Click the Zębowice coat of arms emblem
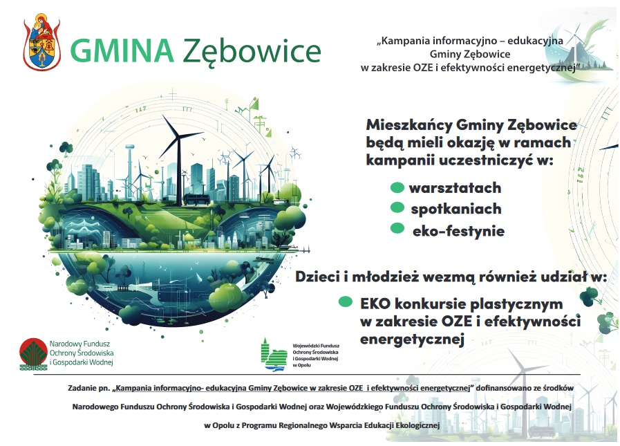click(x=42, y=42)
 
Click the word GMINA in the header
click(x=122, y=50)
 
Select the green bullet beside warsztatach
click(x=397, y=187)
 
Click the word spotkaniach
click(x=456, y=209)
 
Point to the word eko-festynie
click(x=458, y=230)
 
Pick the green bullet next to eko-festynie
click(x=397, y=228)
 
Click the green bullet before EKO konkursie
click(x=345, y=302)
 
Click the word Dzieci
click(x=317, y=276)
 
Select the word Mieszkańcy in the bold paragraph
click(x=408, y=125)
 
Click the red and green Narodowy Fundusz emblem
click(x=34, y=354)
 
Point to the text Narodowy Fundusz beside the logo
click(x=79, y=344)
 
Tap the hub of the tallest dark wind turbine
click(x=178, y=136)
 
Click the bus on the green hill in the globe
click(x=196, y=199)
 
